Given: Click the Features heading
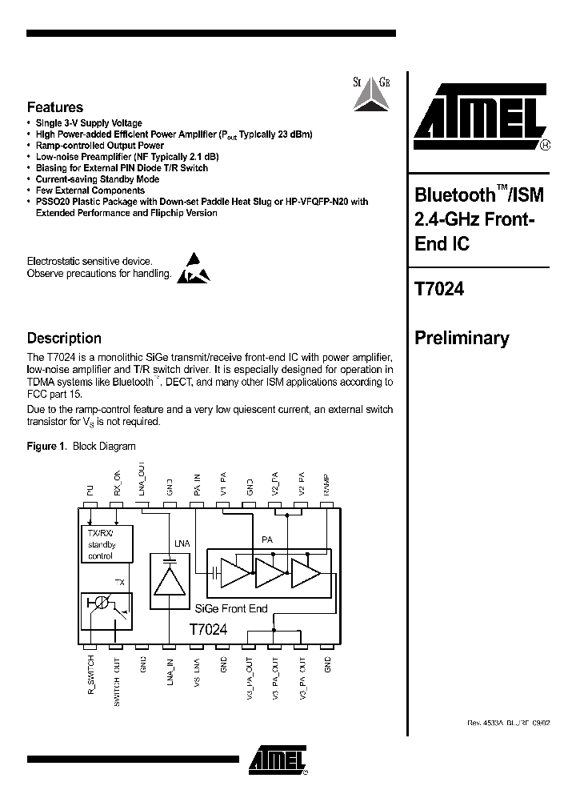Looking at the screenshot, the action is point(55,107).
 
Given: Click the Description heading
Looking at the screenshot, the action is point(64,339).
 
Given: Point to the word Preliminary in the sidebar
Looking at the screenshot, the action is point(462,339).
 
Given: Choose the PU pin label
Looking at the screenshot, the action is point(90,492).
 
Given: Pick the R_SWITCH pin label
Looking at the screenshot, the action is point(90,676).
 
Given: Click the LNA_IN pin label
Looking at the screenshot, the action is point(170,674).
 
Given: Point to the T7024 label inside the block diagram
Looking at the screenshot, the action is point(209,629).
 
